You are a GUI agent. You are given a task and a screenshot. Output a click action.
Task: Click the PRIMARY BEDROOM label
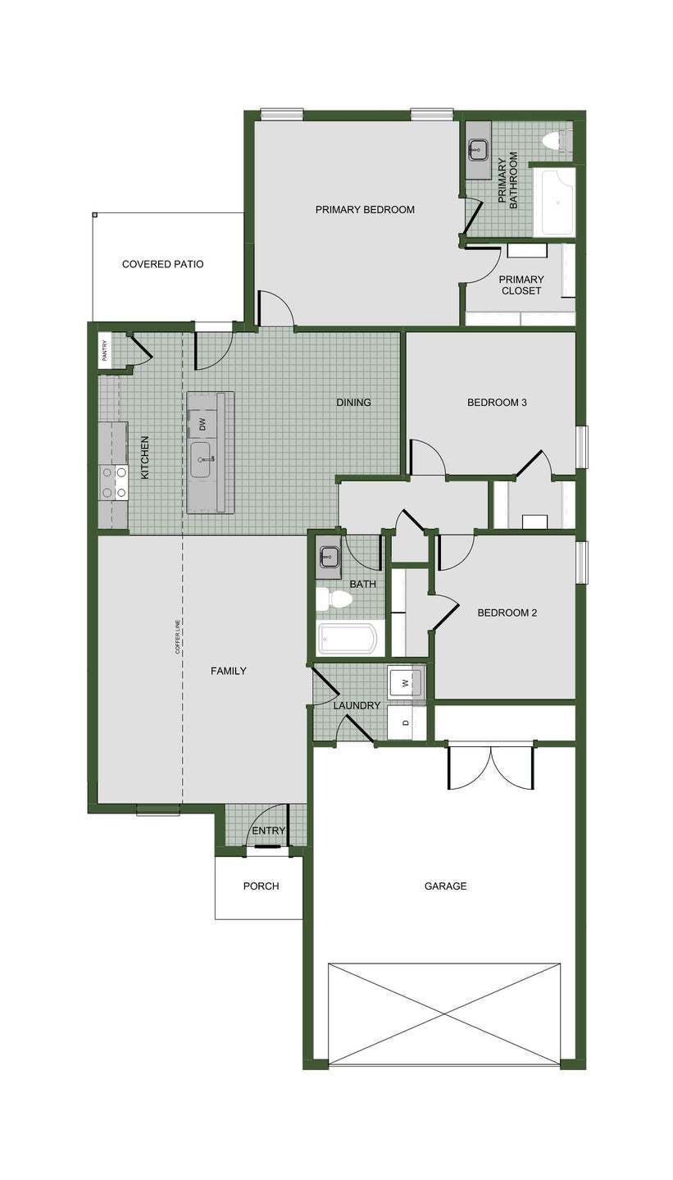coord(365,210)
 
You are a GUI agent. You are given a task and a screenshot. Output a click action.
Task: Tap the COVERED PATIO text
coord(163,264)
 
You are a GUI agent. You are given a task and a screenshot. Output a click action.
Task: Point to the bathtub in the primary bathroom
coord(554,203)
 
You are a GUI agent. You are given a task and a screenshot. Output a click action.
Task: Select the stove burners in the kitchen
coord(114,482)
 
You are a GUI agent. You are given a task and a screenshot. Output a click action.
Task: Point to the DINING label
coord(354,403)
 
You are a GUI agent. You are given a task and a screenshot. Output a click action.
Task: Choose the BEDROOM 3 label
coord(497,403)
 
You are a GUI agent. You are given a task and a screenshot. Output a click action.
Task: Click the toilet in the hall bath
coord(335,600)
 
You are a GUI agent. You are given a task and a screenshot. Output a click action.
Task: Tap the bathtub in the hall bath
coord(350,638)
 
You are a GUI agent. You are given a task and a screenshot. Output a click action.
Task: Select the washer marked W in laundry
coord(406,683)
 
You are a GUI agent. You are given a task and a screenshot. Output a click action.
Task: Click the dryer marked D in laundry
coord(406,722)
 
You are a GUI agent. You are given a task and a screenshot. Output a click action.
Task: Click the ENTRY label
coord(269,831)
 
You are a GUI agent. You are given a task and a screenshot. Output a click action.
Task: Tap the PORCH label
coord(261,886)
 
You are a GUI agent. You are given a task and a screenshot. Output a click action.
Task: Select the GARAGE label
coord(445,886)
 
